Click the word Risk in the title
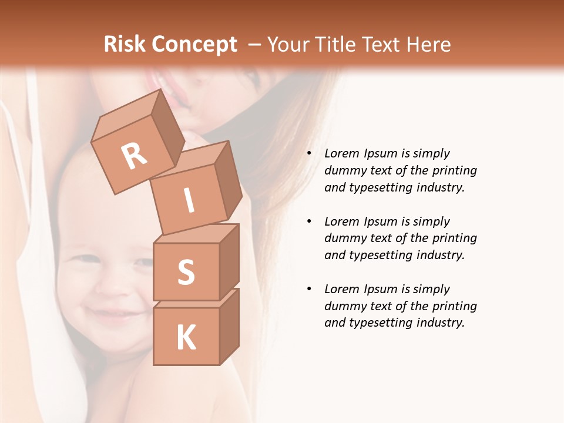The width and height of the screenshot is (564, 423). pyautogui.click(x=125, y=45)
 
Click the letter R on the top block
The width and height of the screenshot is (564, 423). pyautogui.click(x=134, y=156)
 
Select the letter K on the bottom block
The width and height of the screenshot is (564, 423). pyautogui.click(x=186, y=338)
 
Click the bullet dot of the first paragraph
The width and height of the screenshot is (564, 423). pyautogui.click(x=309, y=154)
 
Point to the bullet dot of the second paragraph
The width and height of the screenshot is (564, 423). pyautogui.click(x=309, y=222)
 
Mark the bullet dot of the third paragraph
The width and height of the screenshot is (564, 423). pyautogui.click(x=309, y=290)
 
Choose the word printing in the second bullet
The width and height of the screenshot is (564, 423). pyautogui.click(x=454, y=239)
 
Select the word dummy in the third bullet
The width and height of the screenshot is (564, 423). pyautogui.click(x=344, y=306)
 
